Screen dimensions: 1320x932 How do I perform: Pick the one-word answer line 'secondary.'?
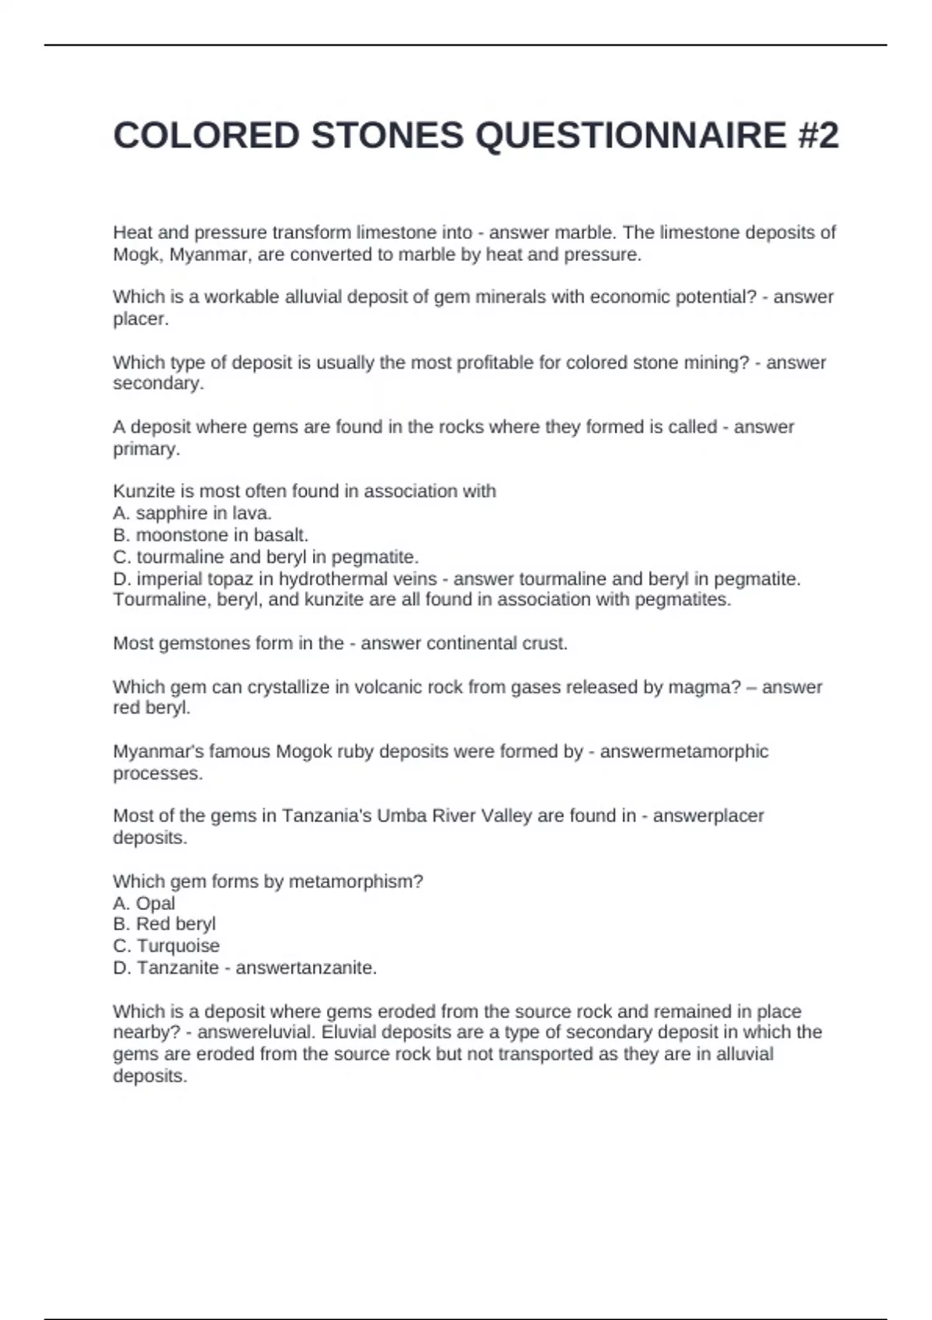[158, 384]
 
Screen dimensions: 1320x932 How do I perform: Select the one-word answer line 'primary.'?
[146, 449]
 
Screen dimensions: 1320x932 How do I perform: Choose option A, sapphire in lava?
[193, 513]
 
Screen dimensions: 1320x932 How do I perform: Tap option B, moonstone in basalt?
[210, 535]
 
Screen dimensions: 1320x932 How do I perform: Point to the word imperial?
[169, 579]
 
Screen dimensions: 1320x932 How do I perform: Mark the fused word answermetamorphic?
[683, 752]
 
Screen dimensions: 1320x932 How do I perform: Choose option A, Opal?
[144, 903]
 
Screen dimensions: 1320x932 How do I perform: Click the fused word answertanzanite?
[306, 968]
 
